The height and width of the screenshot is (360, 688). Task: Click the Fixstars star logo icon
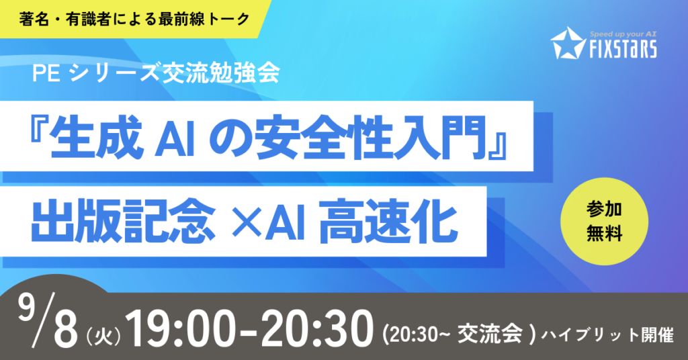(567, 43)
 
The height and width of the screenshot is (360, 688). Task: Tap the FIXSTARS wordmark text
(623, 48)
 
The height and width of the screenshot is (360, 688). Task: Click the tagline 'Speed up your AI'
(623, 34)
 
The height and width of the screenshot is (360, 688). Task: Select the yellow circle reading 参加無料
(604, 222)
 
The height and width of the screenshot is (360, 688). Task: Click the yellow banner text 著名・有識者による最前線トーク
(134, 19)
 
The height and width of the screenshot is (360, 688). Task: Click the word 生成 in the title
(96, 137)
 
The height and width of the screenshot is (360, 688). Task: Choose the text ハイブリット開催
(607, 335)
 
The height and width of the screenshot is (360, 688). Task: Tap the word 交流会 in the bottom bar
(490, 334)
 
